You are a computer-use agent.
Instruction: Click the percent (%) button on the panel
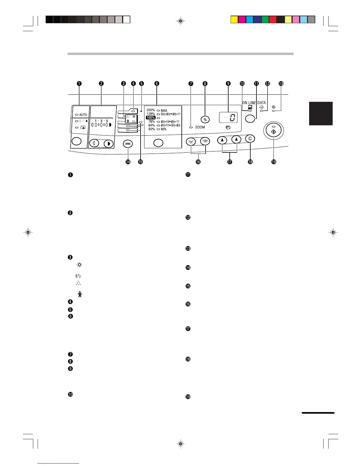point(205,119)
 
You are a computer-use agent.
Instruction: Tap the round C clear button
point(250,139)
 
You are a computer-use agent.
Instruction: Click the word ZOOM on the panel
point(200,127)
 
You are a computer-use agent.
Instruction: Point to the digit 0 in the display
point(232,118)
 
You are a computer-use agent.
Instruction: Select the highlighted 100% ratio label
point(151,118)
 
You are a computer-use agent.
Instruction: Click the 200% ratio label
point(151,110)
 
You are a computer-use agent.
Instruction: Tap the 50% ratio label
point(151,129)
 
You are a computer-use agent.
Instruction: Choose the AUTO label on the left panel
point(83,115)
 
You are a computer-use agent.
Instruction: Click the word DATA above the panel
point(261,103)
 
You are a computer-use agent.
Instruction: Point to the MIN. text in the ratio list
point(164,129)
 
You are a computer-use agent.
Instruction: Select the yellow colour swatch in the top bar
point(234,20)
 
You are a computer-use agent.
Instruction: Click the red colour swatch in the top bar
point(272,20)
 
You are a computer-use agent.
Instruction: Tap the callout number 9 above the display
point(228,84)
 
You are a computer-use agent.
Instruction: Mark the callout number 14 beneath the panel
point(128,162)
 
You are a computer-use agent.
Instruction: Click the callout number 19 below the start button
point(274,162)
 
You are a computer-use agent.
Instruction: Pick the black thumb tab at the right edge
point(321,114)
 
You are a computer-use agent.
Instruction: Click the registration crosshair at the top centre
point(181,21)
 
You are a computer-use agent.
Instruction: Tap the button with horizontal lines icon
point(128,144)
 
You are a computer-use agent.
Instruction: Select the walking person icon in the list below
point(80,294)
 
